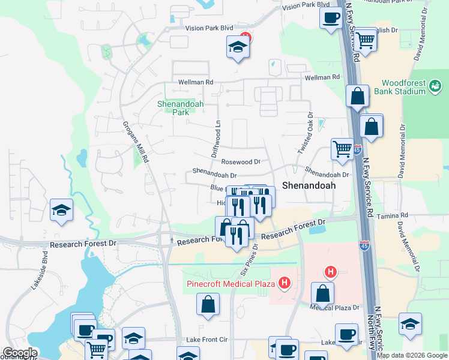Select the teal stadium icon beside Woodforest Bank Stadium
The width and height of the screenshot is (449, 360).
[435, 88]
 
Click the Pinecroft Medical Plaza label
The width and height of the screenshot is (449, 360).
[230, 283]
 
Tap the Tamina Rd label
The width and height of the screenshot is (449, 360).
[395, 215]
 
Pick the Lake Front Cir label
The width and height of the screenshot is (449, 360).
[208, 340]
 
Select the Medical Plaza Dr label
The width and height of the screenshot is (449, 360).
[334, 307]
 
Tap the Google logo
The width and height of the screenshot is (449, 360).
[20, 353]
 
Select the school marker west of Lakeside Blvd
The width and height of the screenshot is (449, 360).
[61, 210]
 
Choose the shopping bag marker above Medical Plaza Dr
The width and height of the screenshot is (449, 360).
[322, 294]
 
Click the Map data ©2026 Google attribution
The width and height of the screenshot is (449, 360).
[412, 355]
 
